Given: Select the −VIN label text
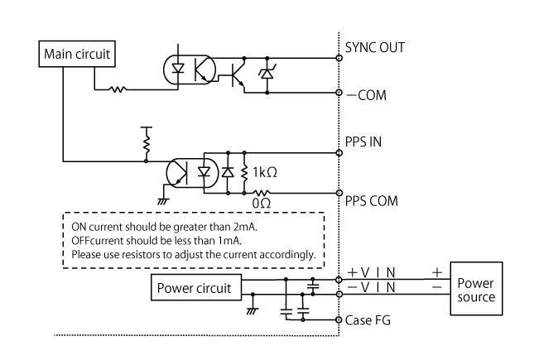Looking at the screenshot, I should click(373, 286).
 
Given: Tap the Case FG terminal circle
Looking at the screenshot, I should click(339, 320).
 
